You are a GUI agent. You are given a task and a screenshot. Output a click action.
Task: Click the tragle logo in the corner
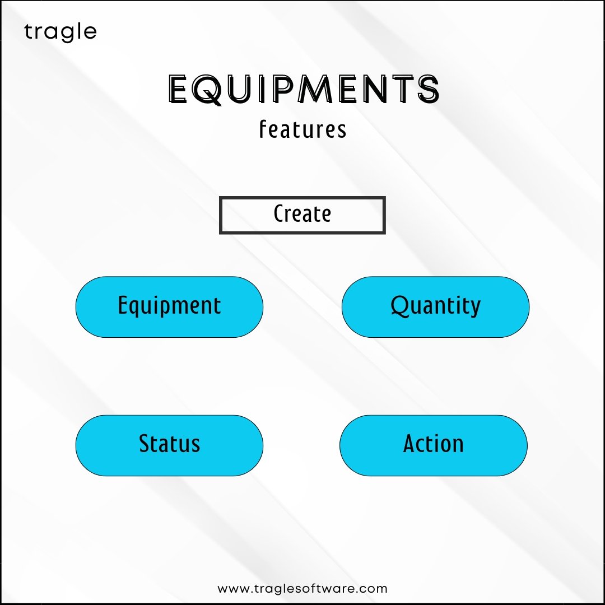(60, 32)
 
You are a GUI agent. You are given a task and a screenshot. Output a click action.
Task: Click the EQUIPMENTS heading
(304, 89)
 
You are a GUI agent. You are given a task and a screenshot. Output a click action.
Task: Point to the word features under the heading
(302, 129)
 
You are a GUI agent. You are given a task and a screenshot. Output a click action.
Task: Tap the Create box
(302, 215)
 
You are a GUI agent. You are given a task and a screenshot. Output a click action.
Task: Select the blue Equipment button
(169, 307)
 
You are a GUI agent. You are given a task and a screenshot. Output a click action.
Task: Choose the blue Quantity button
(436, 307)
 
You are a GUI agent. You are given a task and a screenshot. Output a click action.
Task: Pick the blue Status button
(169, 446)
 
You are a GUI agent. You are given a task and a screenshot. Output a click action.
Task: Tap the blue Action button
(433, 446)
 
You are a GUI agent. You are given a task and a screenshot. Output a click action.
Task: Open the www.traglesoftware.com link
(302, 589)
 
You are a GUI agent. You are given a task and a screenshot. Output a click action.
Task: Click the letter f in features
(263, 129)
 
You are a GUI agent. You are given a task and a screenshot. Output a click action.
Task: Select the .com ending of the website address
(371, 589)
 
